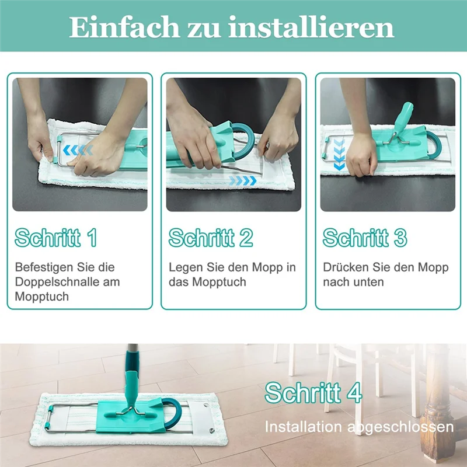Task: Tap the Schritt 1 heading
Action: pyautogui.click(x=56, y=238)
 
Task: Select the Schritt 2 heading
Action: pyautogui.click(x=211, y=238)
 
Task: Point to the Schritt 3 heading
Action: pyautogui.click(x=365, y=238)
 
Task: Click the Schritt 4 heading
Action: pyautogui.click(x=313, y=393)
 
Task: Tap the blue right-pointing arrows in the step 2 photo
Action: pyautogui.click(x=242, y=181)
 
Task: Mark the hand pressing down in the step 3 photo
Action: pyautogui.click(x=361, y=153)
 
